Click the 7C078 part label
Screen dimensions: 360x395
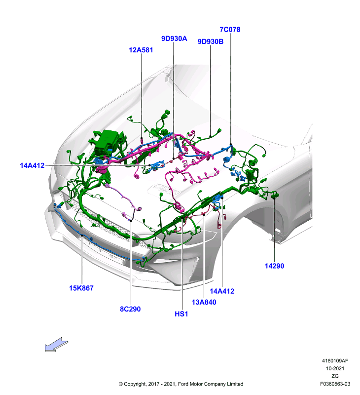click(x=230, y=30)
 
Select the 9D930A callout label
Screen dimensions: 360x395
click(x=174, y=39)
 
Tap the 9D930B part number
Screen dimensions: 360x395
click(x=211, y=41)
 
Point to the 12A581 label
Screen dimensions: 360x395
click(x=141, y=50)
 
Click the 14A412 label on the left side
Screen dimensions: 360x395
click(x=32, y=165)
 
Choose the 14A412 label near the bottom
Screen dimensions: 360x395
click(x=222, y=291)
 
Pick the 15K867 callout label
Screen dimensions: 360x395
click(x=81, y=288)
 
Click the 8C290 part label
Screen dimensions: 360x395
click(x=130, y=309)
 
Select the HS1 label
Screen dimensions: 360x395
click(x=181, y=314)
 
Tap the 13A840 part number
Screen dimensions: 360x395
click(x=204, y=302)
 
